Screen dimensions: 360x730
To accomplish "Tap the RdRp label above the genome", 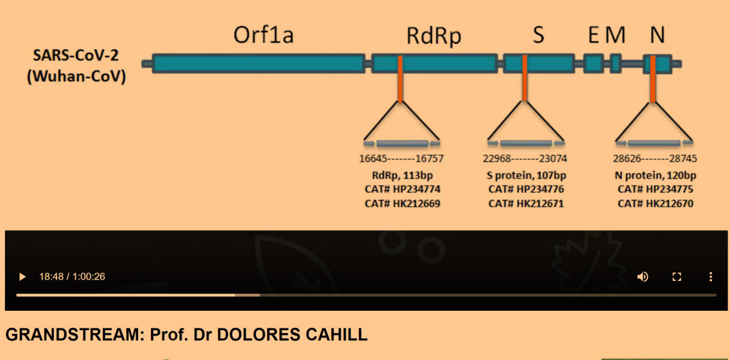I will [x=434, y=36].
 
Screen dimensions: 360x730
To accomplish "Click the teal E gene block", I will [x=593, y=64].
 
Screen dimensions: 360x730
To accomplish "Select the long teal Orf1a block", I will [x=259, y=64].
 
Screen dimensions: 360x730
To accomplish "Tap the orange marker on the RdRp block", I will [x=400, y=79].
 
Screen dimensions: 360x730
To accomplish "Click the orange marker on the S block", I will [x=524, y=79].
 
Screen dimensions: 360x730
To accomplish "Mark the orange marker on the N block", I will [x=653, y=79].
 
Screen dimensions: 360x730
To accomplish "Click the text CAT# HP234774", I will [x=401, y=189].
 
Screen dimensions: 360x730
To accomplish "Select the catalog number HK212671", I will [x=526, y=203].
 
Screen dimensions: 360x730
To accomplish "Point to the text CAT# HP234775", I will [x=655, y=189].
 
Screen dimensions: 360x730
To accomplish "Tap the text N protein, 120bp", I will [x=655, y=175].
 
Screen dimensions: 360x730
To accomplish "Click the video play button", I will [x=23, y=277].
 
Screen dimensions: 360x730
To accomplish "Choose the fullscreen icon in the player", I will [x=676, y=277].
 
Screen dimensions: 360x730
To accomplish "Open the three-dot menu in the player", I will [x=710, y=277].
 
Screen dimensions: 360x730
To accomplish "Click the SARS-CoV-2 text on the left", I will [x=76, y=55].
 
